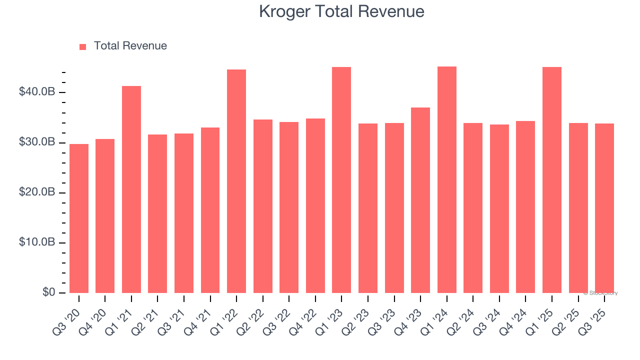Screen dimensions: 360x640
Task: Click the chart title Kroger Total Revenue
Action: (x=341, y=11)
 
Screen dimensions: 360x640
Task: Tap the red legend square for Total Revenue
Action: (x=83, y=46)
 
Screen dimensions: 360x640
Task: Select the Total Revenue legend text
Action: (x=130, y=46)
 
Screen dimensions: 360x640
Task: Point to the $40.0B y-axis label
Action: (x=37, y=92)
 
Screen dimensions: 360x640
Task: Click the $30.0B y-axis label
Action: (x=37, y=142)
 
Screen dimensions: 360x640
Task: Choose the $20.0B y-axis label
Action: (x=37, y=192)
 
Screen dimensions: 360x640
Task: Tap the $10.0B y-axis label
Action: (x=37, y=242)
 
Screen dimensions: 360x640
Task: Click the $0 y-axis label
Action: (x=48, y=292)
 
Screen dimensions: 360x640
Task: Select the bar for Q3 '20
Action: (x=79, y=218)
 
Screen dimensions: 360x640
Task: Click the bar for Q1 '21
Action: (x=131, y=189)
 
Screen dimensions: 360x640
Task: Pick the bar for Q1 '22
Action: (x=236, y=181)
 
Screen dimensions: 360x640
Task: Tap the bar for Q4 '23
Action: (x=420, y=200)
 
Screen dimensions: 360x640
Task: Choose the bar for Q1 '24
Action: (x=446, y=179)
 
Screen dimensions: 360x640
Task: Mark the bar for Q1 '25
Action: (x=552, y=180)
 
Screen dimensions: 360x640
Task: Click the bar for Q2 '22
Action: (x=263, y=206)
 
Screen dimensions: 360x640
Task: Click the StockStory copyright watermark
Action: (x=600, y=293)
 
